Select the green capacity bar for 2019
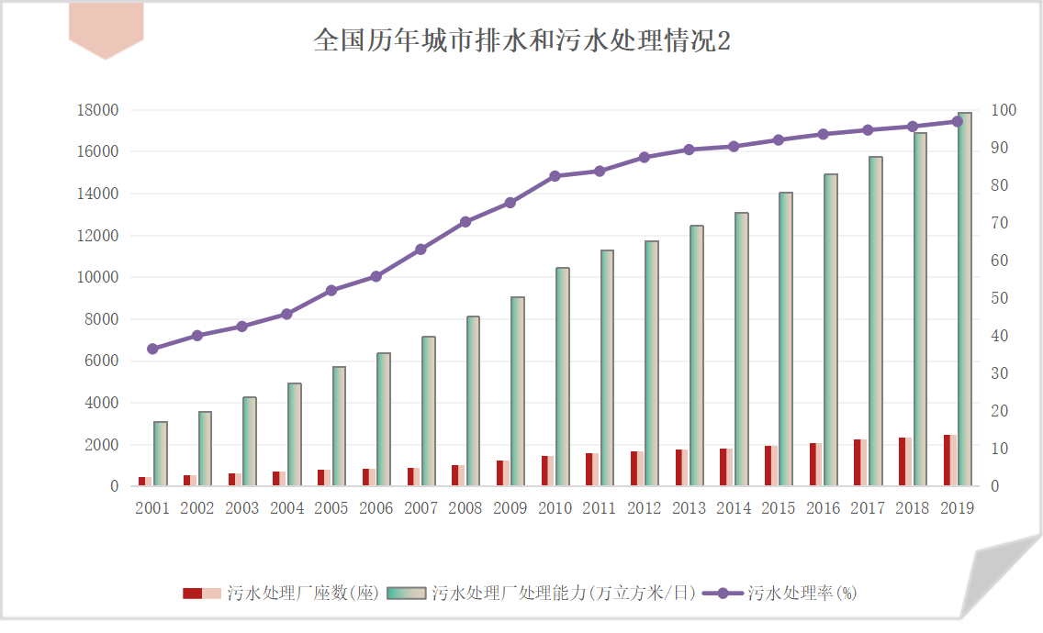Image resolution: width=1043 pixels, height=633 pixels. tap(965, 299)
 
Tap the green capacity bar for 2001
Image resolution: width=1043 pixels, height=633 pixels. tap(161, 454)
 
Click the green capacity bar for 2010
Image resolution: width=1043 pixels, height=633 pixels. tap(563, 377)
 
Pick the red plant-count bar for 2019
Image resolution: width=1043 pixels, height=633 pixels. tap(950, 461)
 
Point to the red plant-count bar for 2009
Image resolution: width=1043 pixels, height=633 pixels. tap(503, 473)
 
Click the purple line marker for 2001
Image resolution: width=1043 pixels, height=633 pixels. tap(152, 349)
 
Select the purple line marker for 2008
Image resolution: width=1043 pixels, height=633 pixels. tap(465, 222)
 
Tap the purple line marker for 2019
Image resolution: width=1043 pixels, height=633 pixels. tap(957, 121)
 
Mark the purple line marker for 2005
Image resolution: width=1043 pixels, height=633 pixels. tap(331, 290)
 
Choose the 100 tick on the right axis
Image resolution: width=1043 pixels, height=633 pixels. tap(1004, 110)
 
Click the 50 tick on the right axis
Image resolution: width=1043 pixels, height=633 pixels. tap(1000, 298)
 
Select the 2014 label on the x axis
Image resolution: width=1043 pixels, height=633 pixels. tap(734, 508)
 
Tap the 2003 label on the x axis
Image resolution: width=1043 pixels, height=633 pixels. tap(241, 508)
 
